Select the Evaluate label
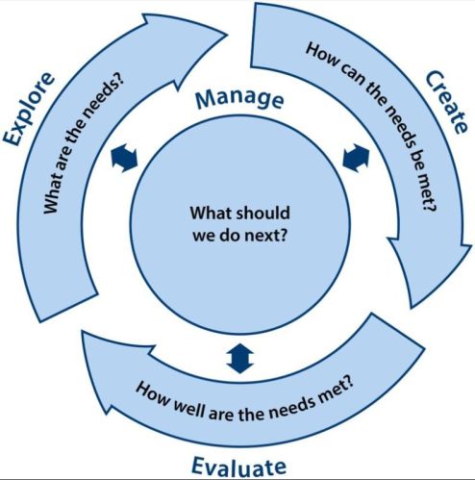(238, 467)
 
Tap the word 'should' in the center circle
(260, 213)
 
